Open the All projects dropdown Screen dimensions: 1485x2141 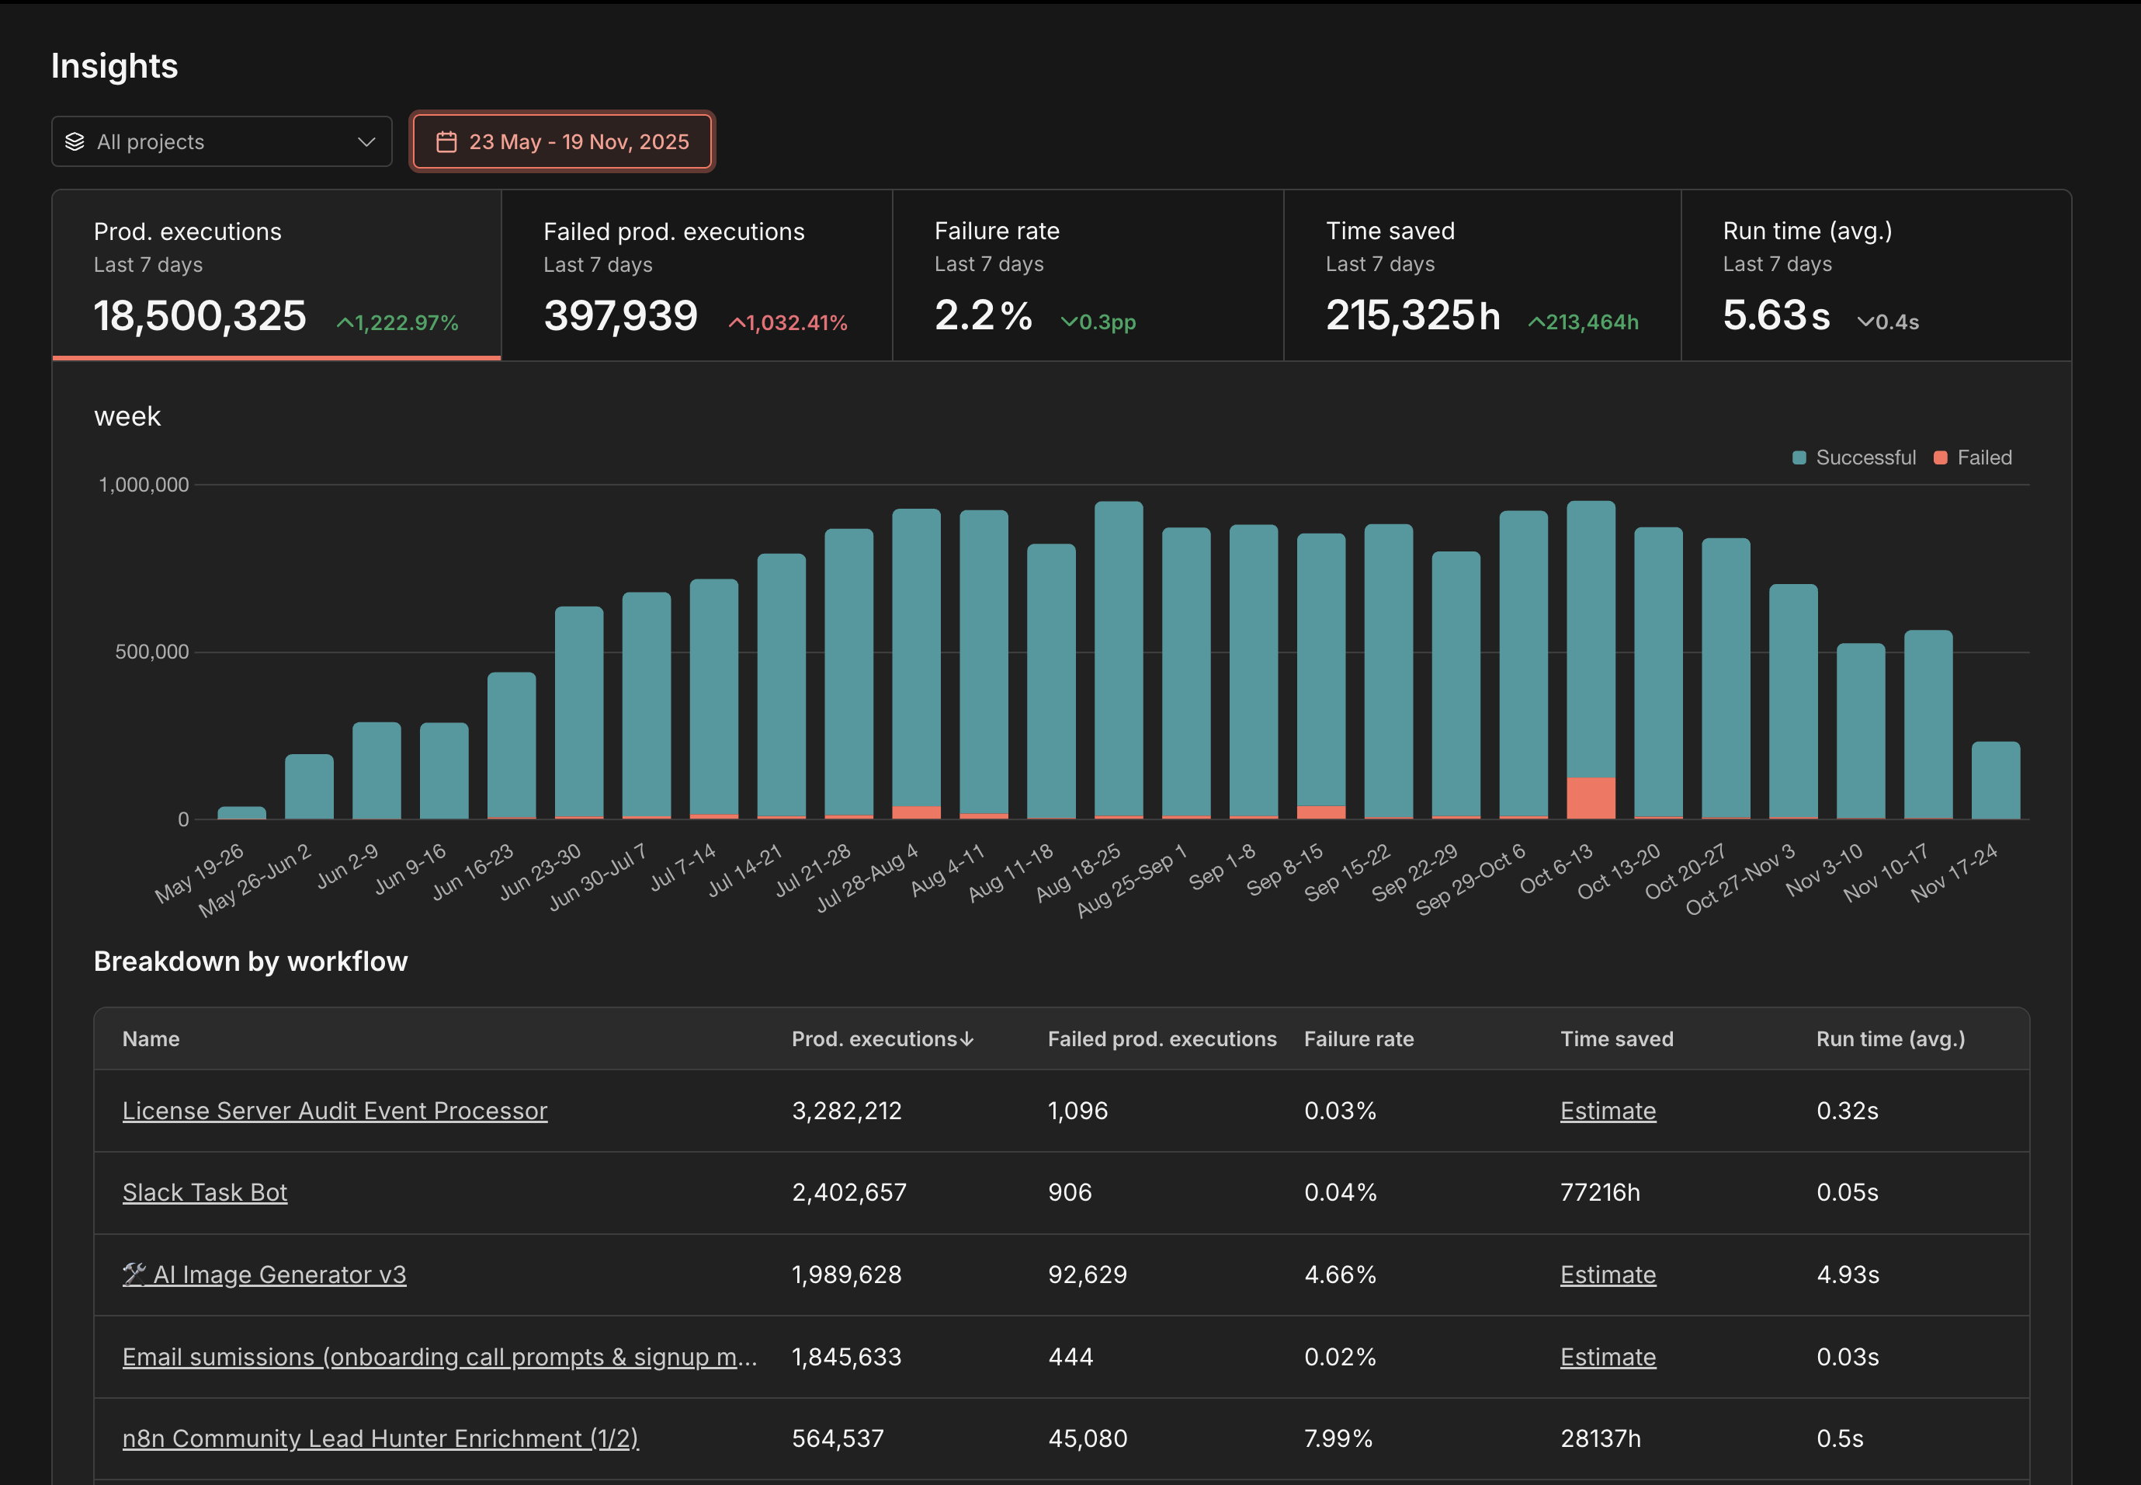tap(221, 141)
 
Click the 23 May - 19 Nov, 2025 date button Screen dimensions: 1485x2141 tap(563, 141)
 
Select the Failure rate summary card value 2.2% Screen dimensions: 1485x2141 tap(983, 315)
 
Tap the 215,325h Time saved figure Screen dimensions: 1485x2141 tap(1412, 315)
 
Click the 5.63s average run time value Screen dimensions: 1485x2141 tap(1775, 315)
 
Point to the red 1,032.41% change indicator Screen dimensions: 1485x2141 tap(788, 323)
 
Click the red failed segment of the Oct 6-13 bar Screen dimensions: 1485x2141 tap(1591, 798)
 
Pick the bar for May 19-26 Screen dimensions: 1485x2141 tap(242, 812)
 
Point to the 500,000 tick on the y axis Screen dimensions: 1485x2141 tap(151, 652)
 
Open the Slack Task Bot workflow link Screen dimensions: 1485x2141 tap(205, 1192)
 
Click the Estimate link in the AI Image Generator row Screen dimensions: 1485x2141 tap(1607, 1275)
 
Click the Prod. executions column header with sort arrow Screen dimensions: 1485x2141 tap(882, 1039)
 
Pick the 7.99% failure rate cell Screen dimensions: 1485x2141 tap(1338, 1438)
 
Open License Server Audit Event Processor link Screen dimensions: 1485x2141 tap(335, 1111)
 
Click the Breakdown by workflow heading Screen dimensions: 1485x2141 tap(250, 962)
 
